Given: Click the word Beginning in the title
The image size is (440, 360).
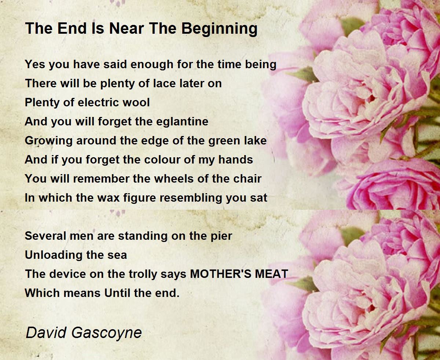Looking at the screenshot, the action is click(x=220, y=29).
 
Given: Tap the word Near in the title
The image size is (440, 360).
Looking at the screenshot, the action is click(x=127, y=28).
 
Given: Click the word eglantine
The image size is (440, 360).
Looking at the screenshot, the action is click(x=182, y=122).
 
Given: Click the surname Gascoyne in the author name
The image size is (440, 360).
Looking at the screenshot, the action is click(x=107, y=333).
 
